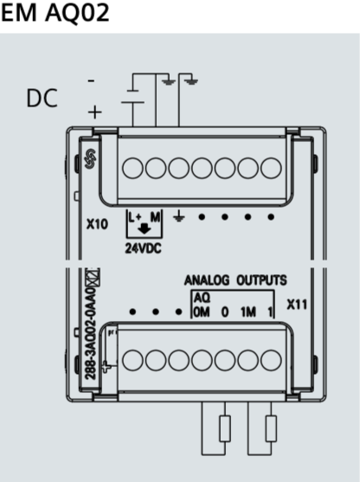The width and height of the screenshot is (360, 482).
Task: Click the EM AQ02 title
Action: click(55, 13)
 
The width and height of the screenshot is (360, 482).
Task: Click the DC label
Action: click(42, 98)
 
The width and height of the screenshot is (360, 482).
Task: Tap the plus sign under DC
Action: click(94, 112)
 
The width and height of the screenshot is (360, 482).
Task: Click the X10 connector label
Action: click(97, 224)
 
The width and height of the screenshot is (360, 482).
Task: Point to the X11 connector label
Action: click(297, 305)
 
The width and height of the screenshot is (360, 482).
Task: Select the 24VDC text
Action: click(144, 248)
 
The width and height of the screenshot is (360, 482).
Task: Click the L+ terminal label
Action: click(135, 217)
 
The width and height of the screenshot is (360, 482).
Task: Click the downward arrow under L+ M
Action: click(144, 229)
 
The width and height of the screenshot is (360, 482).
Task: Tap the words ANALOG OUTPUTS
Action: click(235, 280)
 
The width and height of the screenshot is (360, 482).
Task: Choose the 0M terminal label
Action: click(202, 312)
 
